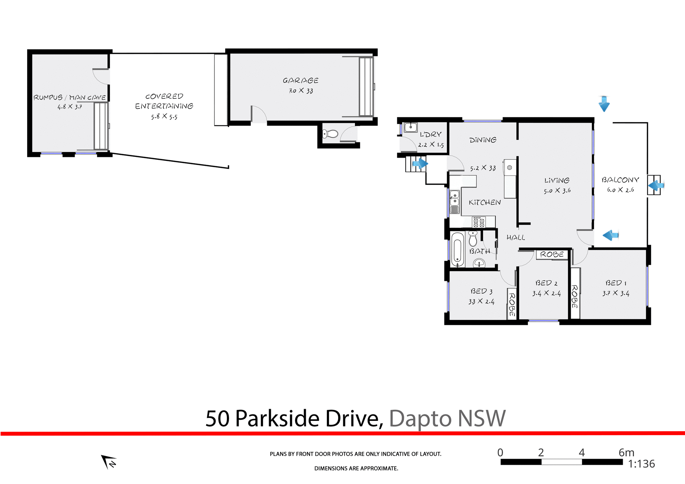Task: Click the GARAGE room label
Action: click(x=300, y=81)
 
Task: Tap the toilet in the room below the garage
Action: click(x=330, y=134)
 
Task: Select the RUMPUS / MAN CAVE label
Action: click(x=70, y=97)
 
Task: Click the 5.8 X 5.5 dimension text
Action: click(x=164, y=116)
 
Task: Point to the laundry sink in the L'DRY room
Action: click(x=411, y=127)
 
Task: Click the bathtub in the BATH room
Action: click(x=457, y=249)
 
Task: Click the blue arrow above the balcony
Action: click(x=604, y=104)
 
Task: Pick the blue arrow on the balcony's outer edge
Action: click(x=655, y=185)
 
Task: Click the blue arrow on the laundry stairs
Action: click(x=420, y=164)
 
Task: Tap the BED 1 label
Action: click(x=616, y=283)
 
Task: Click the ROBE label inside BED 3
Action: click(x=512, y=304)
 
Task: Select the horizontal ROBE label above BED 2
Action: click(x=552, y=254)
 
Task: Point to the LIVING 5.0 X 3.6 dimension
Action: click(x=557, y=190)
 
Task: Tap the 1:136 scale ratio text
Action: click(x=641, y=464)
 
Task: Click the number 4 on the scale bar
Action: click(x=582, y=453)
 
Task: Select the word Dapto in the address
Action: click(x=420, y=418)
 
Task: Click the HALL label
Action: click(x=516, y=238)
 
